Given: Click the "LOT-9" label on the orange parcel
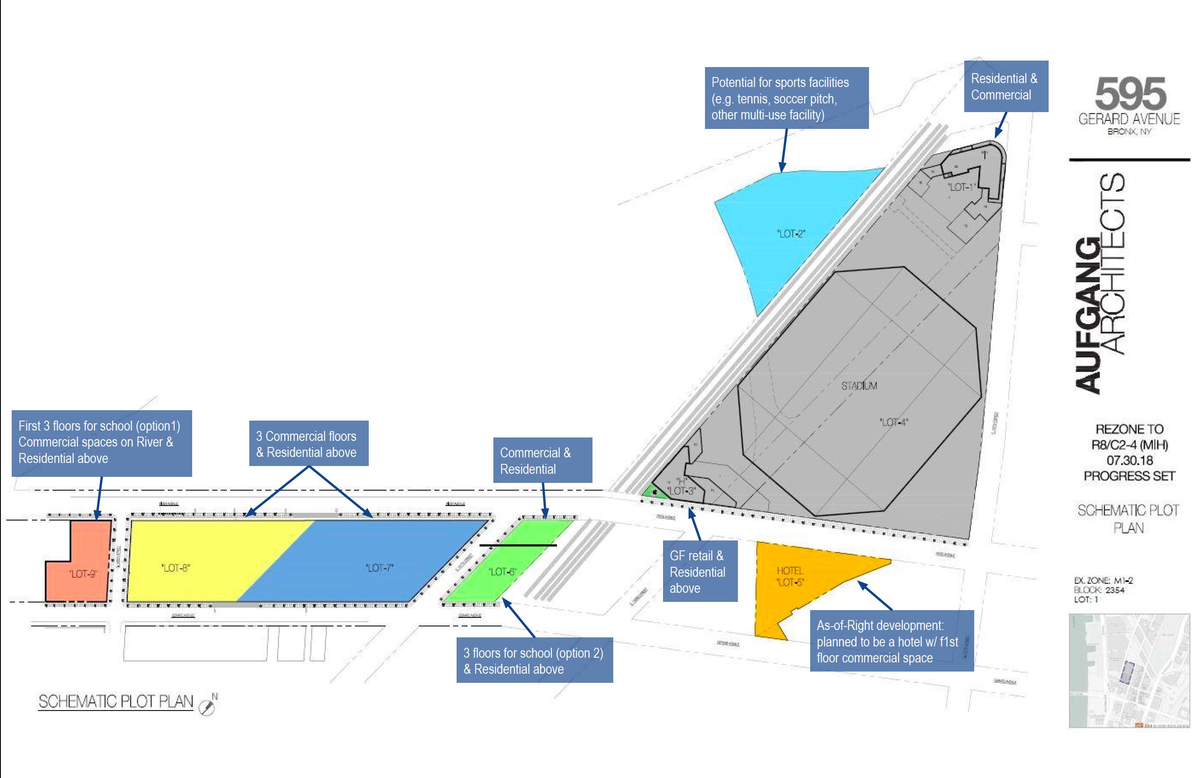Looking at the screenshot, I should pyautogui.click(x=83, y=574).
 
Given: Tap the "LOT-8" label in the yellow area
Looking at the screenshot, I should pyautogui.click(x=175, y=568).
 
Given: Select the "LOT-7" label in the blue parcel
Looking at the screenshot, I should pyautogui.click(x=380, y=568).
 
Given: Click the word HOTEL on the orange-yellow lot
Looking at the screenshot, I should pyautogui.click(x=789, y=570).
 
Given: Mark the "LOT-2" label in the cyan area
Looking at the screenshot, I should pyautogui.click(x=791, y=233).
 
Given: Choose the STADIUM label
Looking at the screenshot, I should pyautogui.click(x=859, y=386).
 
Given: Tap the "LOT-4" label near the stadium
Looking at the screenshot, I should pyautogui.click(x=893, y=422).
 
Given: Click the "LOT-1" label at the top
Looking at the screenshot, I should pyautogui.click(x=960, y=187).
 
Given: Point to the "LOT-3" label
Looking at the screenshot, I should pyautogui.click(x=682, y=491).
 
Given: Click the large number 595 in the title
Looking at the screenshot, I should pyautogui.click(x=1130, y=93).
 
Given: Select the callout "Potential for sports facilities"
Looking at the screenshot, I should pyautogui.click(x=786, y=98).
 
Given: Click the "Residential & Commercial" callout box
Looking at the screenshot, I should pyautogui.click(x=1005, y=87).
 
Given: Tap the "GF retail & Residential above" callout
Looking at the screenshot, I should pyautogui.click(x=700, y=571).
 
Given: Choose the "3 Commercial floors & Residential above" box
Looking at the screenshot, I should pyautogui.click(x=308, y=444).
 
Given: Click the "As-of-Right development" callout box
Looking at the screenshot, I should pyautogui.click(x=891, y=641).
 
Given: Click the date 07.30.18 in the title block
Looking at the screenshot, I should pyautogui.click(x=1129, y=460).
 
